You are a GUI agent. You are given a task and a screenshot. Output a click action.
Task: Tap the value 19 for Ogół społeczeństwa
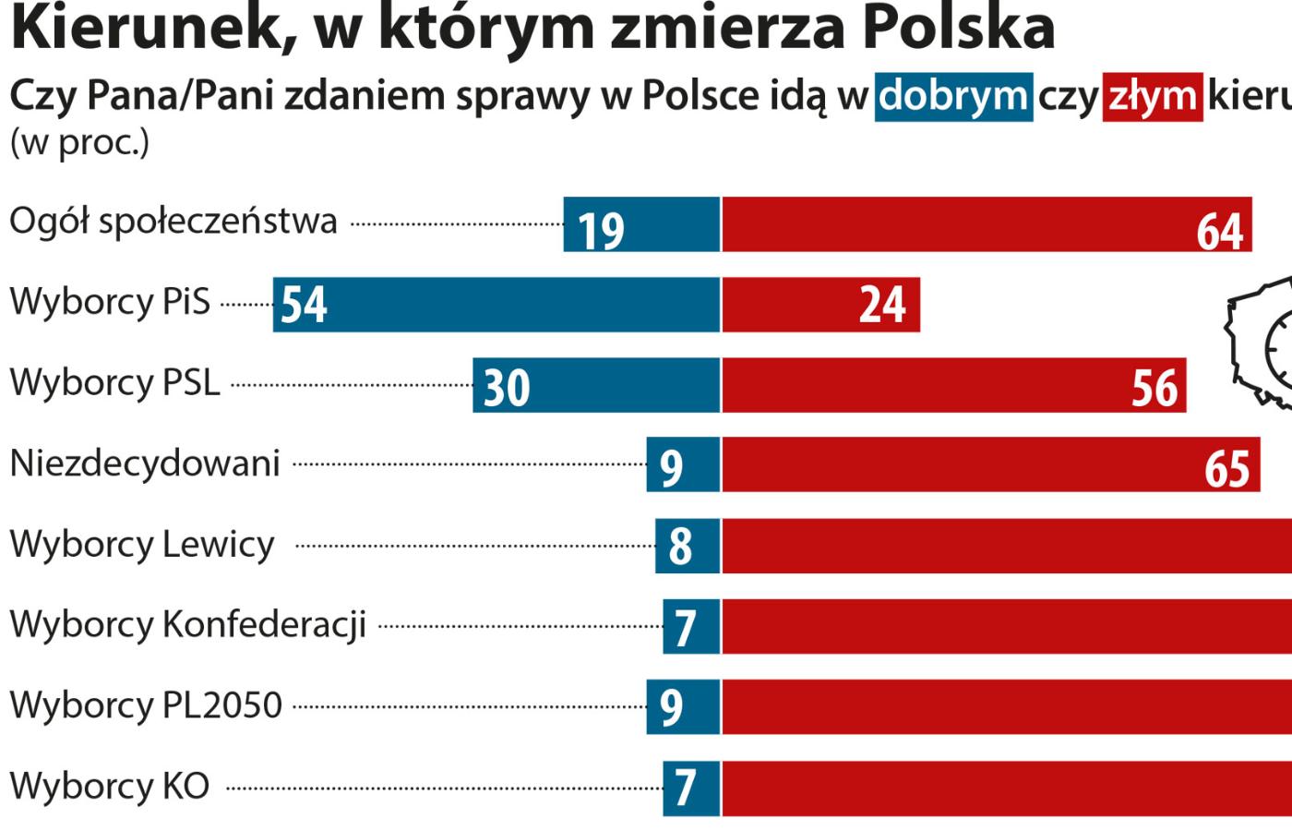(601, 229)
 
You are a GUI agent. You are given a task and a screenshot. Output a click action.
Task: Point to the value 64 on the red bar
(1220, 229)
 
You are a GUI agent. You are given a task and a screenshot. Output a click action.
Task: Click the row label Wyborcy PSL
(115, 382)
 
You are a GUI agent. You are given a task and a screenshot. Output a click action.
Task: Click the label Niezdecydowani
(145, 463)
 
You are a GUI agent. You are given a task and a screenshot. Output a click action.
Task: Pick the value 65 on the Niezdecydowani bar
(1226, 468)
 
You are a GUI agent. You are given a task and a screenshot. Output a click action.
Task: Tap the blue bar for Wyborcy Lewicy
(688, 546)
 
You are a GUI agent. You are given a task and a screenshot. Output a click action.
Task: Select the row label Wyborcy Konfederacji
(188, 624)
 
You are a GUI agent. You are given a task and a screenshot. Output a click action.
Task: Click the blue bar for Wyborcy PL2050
(683, 707)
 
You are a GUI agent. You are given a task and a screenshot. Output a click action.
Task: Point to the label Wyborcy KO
(110, 787)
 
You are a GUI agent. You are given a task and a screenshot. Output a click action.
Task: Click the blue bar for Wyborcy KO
(691, 788)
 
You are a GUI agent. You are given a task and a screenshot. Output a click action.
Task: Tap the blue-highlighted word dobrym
(952, 96)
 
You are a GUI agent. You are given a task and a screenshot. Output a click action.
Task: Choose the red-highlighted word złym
(1153, 96)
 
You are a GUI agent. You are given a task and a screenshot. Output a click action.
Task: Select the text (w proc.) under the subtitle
(79, 143)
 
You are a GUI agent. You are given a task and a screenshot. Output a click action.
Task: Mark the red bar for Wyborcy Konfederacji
(1006, 626)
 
